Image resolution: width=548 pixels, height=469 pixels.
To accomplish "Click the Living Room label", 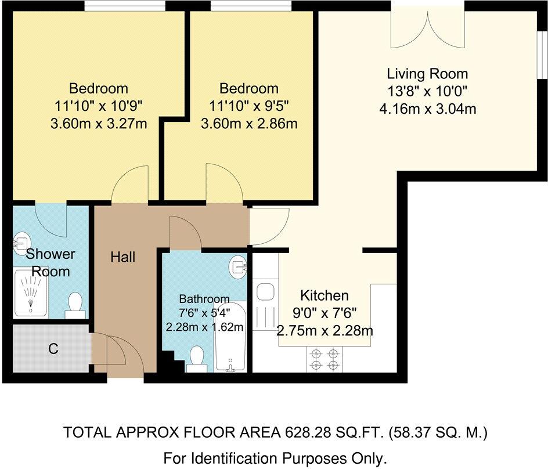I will [x=427, y=74].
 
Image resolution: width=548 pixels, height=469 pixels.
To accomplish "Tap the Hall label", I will [x=122, y=256].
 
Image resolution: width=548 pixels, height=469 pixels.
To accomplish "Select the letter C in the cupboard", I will [x=53, y=349].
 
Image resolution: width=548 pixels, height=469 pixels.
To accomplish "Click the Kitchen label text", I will [x=324, y=295].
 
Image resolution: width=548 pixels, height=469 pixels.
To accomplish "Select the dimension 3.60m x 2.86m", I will [x=248, y=123].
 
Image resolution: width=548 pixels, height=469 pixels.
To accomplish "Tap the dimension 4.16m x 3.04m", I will [x=427, y=108].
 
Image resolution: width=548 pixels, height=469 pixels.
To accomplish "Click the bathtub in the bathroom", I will [x=230, y=337].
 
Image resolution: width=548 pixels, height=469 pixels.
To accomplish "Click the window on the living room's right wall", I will [x=541, y=53].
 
